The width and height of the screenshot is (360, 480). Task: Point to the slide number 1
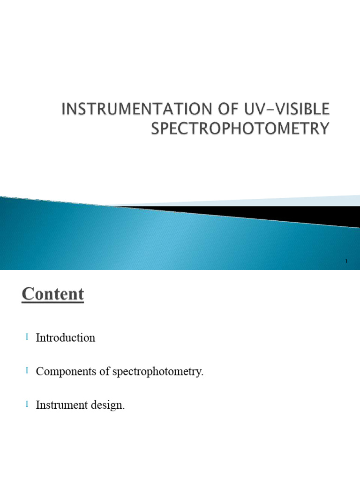tap(346, 261)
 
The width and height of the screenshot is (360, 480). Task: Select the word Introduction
tap(66, 337)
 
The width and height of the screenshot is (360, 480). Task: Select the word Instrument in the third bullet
tap(58, 405)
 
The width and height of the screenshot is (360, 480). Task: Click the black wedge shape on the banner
tap(281, 213)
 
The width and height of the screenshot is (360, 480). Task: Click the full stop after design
tap(124, 409)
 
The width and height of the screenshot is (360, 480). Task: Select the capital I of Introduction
tap(38, 337)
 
